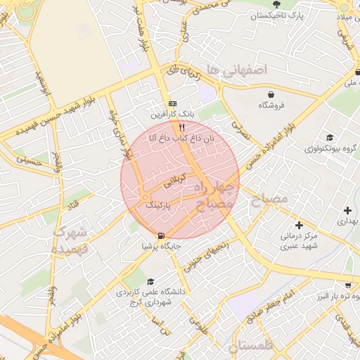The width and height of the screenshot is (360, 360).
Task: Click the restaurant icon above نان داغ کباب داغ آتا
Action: [182, 127]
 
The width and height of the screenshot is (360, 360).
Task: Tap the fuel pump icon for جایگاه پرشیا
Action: [162, 236]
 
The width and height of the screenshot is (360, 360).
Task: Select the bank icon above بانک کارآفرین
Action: [173, 103]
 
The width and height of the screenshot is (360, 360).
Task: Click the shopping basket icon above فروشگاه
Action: [271, 94]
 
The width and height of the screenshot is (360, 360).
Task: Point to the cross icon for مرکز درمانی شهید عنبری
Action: [300, 225]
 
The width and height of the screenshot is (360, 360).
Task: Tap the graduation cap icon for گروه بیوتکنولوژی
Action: [329, 138]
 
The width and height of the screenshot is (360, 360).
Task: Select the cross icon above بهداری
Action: [347, 210]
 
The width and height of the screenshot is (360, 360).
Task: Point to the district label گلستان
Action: [250, 345]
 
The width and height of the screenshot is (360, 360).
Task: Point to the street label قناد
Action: [73, 202]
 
